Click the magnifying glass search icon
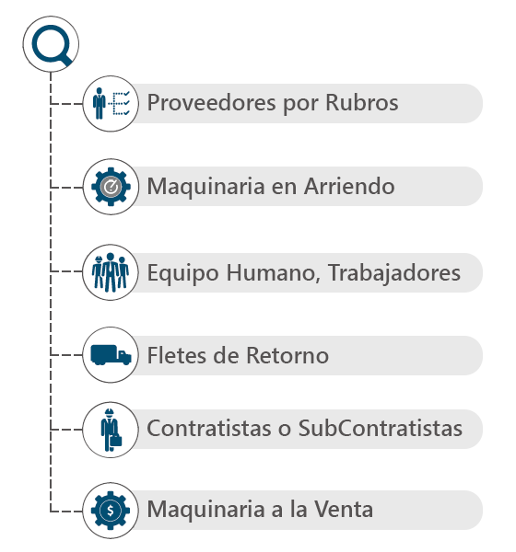pos(52,44)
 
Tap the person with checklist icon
pos(111,103)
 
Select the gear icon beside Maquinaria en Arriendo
pos(111,187)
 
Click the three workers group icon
pos(111,272)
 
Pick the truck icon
pos(111,354)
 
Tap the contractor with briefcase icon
pos(111,430)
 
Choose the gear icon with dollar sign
pos(111,511)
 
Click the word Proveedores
pos(211,103)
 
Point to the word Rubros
pos(362,102)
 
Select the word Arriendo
pos(349,186)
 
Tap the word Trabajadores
pos(394,273)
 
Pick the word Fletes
pos(177,355)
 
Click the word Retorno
pos(287,355)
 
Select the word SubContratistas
pos(381,428)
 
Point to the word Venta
pos(344,509)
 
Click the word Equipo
pos(182,273)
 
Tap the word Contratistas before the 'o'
pos(209,428)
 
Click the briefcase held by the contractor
pos(116,441)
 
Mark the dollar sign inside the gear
pos(111,511)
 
